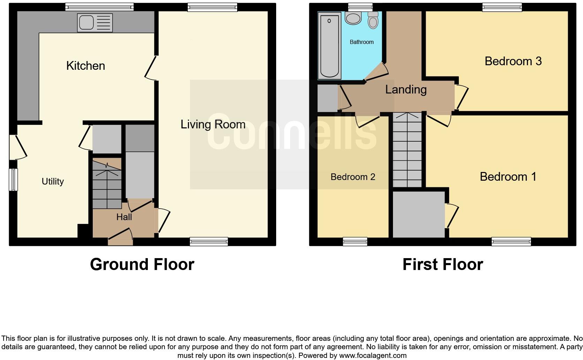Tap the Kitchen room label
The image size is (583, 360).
pos(85,66)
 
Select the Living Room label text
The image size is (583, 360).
pos(213,125)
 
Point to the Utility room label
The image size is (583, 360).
pos(53,181)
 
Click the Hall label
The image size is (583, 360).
pos(124,217)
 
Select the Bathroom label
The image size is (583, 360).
pos(362,42)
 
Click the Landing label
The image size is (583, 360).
pos(406,90)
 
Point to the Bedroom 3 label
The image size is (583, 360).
pos(513,61)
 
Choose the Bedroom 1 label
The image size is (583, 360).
pos(508,177)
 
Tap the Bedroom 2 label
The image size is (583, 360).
pos(353,177)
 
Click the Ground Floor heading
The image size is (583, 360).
pos(142,264)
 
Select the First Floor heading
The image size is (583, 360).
pos(442,264)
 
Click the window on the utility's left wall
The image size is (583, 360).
pos(13,180)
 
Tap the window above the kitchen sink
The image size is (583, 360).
pos(99,7)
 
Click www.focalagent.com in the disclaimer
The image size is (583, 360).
pos(373,356)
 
